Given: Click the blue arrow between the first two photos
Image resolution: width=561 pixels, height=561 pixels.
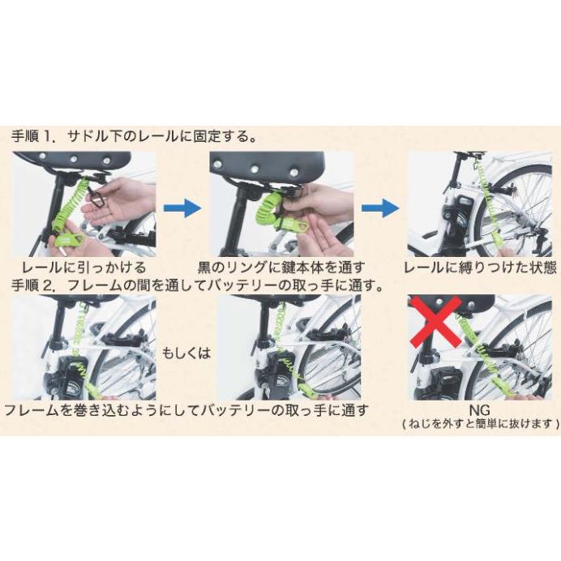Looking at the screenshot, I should (181, 208).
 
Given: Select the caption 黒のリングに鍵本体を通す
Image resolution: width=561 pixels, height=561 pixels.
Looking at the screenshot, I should (282, 267).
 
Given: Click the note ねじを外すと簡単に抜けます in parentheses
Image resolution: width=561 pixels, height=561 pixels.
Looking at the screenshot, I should (481, 424).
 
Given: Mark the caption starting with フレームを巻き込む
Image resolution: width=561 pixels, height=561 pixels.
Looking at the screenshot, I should (186, 409).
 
